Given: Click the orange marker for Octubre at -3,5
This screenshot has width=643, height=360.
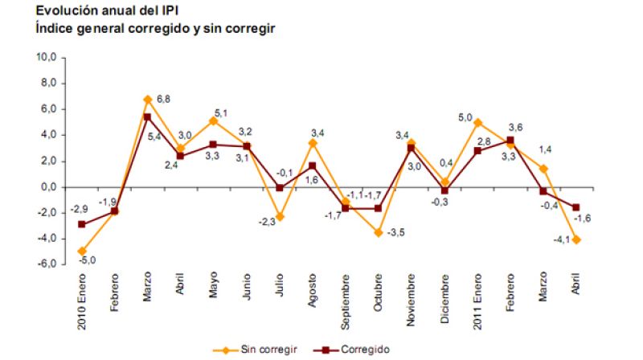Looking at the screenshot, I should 379,232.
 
